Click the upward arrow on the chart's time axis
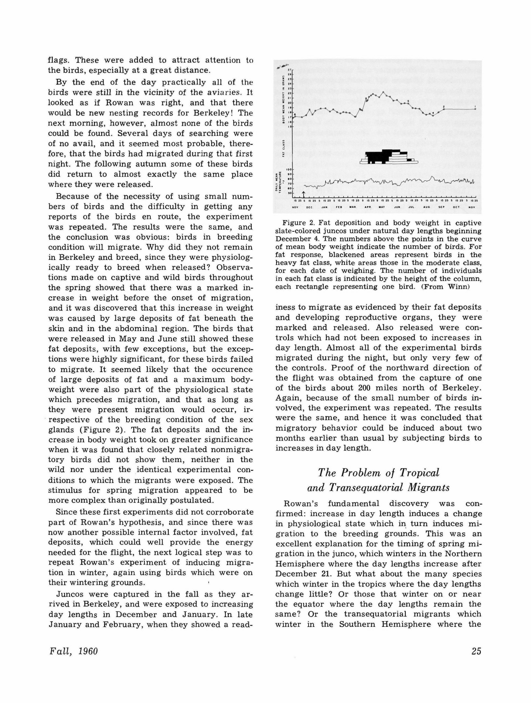pyautogui.click(x=304, y=194)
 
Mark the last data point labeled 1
pyautogui.click(x=475, y=109)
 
